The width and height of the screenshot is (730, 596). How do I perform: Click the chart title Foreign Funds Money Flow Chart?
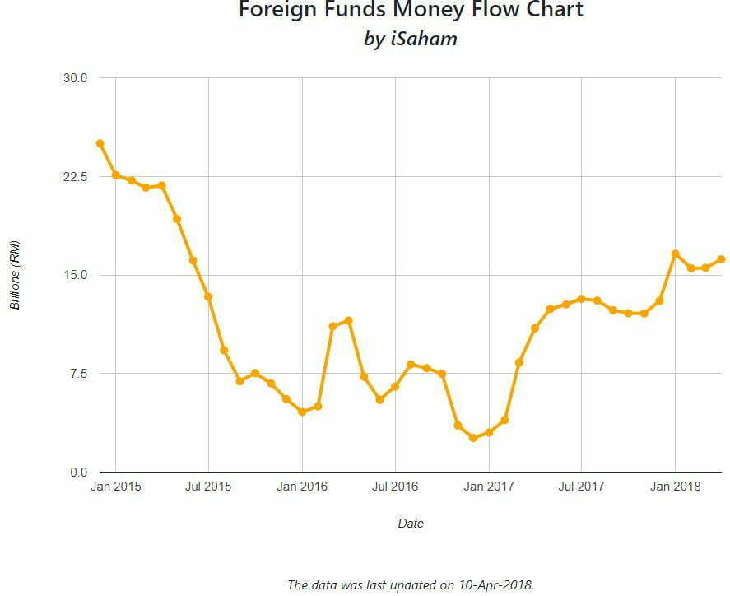click(x=411, y=11)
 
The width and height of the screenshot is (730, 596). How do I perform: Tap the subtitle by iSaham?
click(x=411, y=40)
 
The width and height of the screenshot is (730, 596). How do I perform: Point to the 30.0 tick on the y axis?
click(x=75, y=78)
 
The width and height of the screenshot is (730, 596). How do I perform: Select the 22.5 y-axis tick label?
click(x=75, y=177)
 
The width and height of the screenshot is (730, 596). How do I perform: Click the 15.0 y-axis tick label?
click(x=75, y=275)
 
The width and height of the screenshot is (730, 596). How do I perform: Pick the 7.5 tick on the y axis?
click(x=77, y=374)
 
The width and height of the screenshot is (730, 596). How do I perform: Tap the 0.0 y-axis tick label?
click(x=77, y=473)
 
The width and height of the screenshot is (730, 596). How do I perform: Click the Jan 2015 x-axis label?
click(x=115, y=487)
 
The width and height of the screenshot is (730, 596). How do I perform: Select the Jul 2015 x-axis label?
click(x=208, y=487)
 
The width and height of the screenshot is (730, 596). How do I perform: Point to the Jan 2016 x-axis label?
click(x=302, y=487)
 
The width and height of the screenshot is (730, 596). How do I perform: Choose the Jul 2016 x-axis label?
click(x=395, y=487)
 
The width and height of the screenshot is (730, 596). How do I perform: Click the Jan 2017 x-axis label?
click(x=489, y=487)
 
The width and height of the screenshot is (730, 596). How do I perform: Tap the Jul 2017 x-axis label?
click(x=581, y=487)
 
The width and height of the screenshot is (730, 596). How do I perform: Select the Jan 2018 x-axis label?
click(x=675, y=487)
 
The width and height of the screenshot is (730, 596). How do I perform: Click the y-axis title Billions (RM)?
click(x=15, y=275)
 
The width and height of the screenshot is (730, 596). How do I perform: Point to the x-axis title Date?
click(x=411, y=523)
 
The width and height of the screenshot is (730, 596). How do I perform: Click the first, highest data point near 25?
click(x=100, y=143)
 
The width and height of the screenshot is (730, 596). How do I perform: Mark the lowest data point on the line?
click(x=473, y=438)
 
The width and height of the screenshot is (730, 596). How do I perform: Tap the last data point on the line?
click(x=721, y=259)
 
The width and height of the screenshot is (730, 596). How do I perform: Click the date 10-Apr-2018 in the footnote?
click(x=497, y=585)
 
